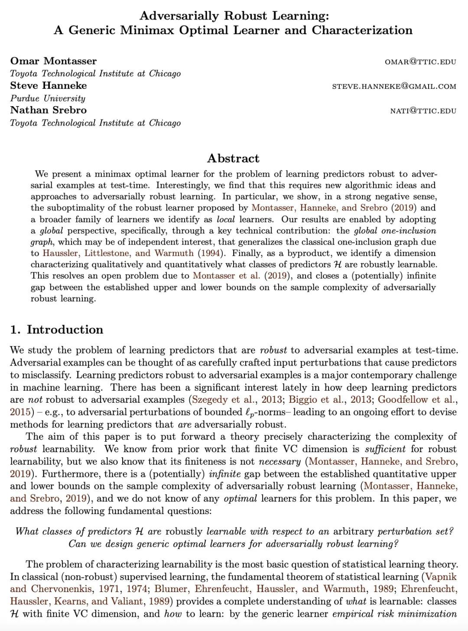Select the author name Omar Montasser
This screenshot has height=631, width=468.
pos(53,61)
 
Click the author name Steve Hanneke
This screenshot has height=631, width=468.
pos(49,86)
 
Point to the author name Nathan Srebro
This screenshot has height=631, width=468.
pos(49,110)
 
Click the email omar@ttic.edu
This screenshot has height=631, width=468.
pos(420,61)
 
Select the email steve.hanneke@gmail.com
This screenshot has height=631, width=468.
pos(394,86)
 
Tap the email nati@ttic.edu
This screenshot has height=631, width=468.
pos(423,111)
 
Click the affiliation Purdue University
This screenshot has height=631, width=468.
pos(48,98)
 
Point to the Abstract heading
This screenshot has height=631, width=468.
pos(233,158)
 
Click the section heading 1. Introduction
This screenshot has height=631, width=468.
pos(57,330)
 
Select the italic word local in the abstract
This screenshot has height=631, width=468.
pos(225,219)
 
